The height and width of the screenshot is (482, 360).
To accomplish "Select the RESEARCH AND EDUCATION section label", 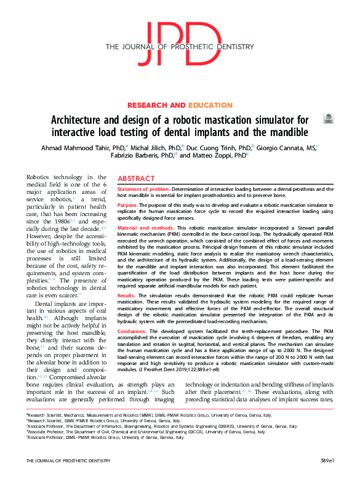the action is [x=179, y=105].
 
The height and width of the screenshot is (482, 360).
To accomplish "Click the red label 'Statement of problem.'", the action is [x=143, y=189].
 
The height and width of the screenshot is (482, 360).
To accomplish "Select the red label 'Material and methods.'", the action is [x=144, y=228].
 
